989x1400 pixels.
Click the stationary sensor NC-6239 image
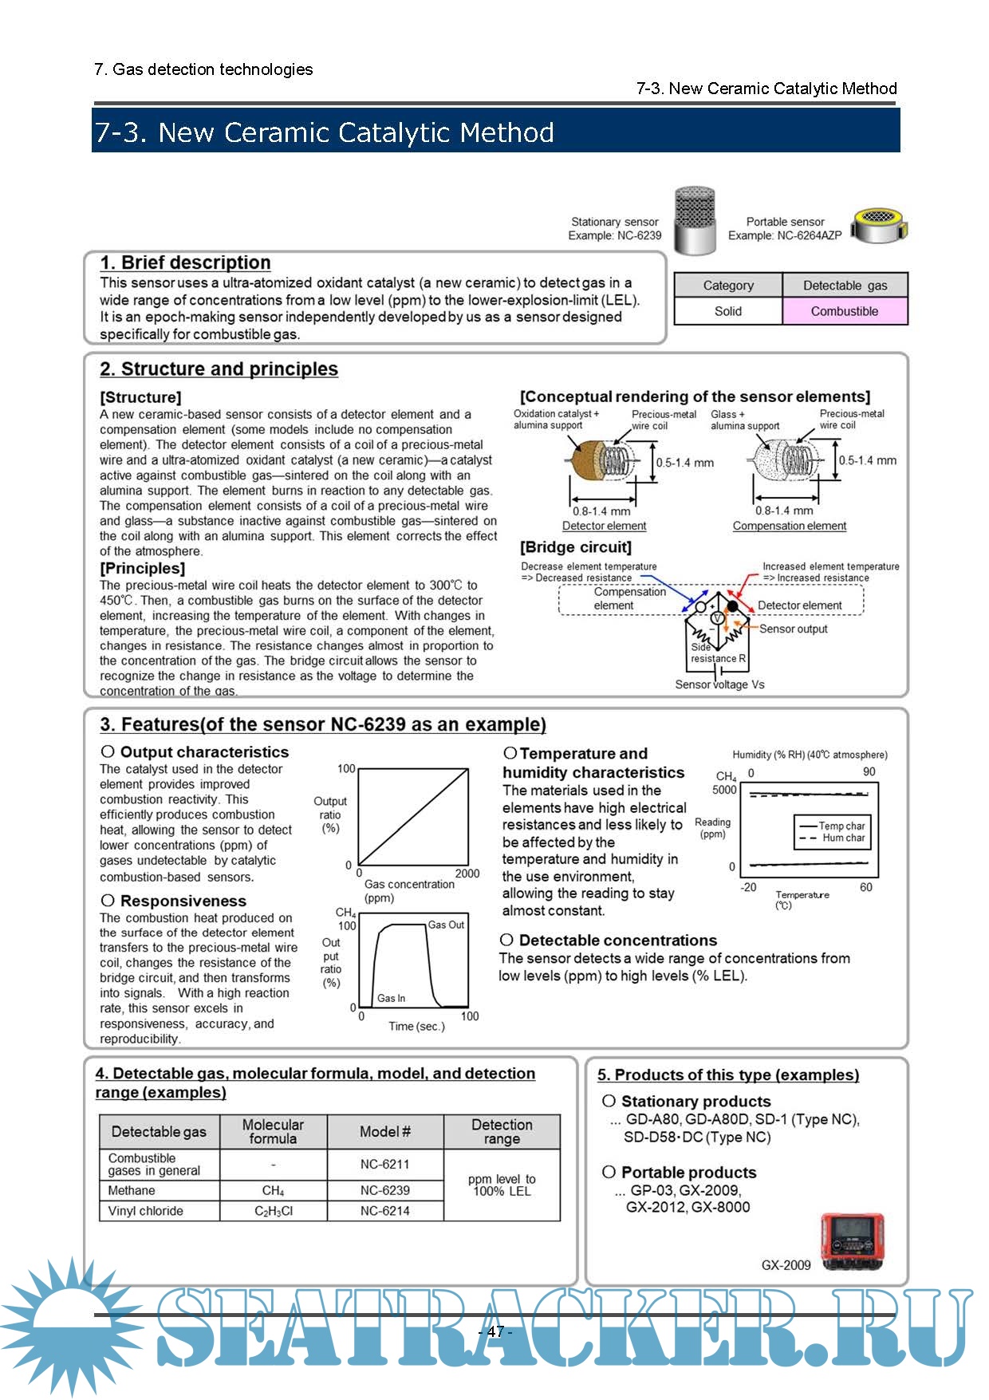694,221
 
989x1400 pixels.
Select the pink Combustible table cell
845,311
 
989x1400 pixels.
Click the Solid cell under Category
727,311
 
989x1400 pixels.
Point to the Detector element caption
604,526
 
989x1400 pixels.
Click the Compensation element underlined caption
790,526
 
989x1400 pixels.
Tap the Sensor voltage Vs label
719,684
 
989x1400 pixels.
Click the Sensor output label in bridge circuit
793,629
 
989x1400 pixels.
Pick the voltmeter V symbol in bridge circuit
716,618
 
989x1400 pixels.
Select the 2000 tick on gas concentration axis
467,874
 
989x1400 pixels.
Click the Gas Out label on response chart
446,925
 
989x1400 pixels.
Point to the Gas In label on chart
391,998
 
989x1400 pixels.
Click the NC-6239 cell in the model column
384,1190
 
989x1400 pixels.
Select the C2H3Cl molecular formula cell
273,1211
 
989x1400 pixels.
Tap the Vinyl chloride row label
145,1211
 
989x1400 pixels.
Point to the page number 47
495,1331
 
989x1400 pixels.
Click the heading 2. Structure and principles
219,369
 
